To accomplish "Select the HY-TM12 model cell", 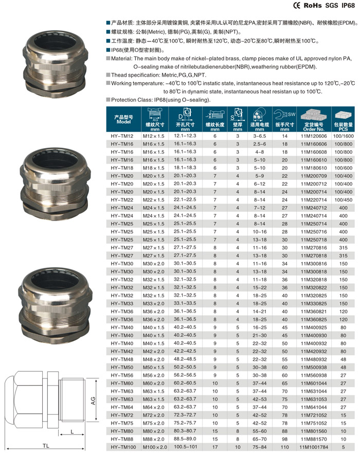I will [x=122, y=136].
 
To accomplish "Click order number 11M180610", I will [x=311, y=168].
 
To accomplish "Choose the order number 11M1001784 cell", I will [x=311, y=447].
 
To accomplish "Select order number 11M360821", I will [x=311, y=311].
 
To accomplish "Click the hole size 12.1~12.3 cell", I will [x=185, y=136].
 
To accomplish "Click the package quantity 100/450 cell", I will [x=343, y=199].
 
